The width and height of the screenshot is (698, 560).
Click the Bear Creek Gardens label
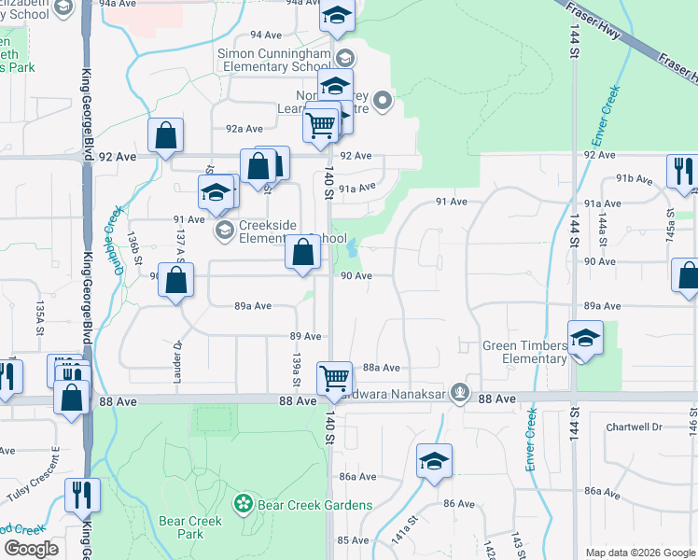[316, 505]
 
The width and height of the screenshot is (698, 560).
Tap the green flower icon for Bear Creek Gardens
[244, 504]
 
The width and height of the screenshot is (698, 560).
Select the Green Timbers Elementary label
[523, 352]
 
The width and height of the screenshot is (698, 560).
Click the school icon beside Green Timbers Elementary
[585, 338]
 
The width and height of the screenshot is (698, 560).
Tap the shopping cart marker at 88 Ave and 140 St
[334, 379]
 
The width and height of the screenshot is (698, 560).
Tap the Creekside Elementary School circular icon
[223, 230]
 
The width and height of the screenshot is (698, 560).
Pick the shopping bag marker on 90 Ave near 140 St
[303, 253]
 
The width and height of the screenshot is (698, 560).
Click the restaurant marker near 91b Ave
[683, 172]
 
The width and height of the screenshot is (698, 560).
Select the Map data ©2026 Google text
[640, 553]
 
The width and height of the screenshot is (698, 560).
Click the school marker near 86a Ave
[434, 461]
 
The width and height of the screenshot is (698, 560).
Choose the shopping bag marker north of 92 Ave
[165, 135]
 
